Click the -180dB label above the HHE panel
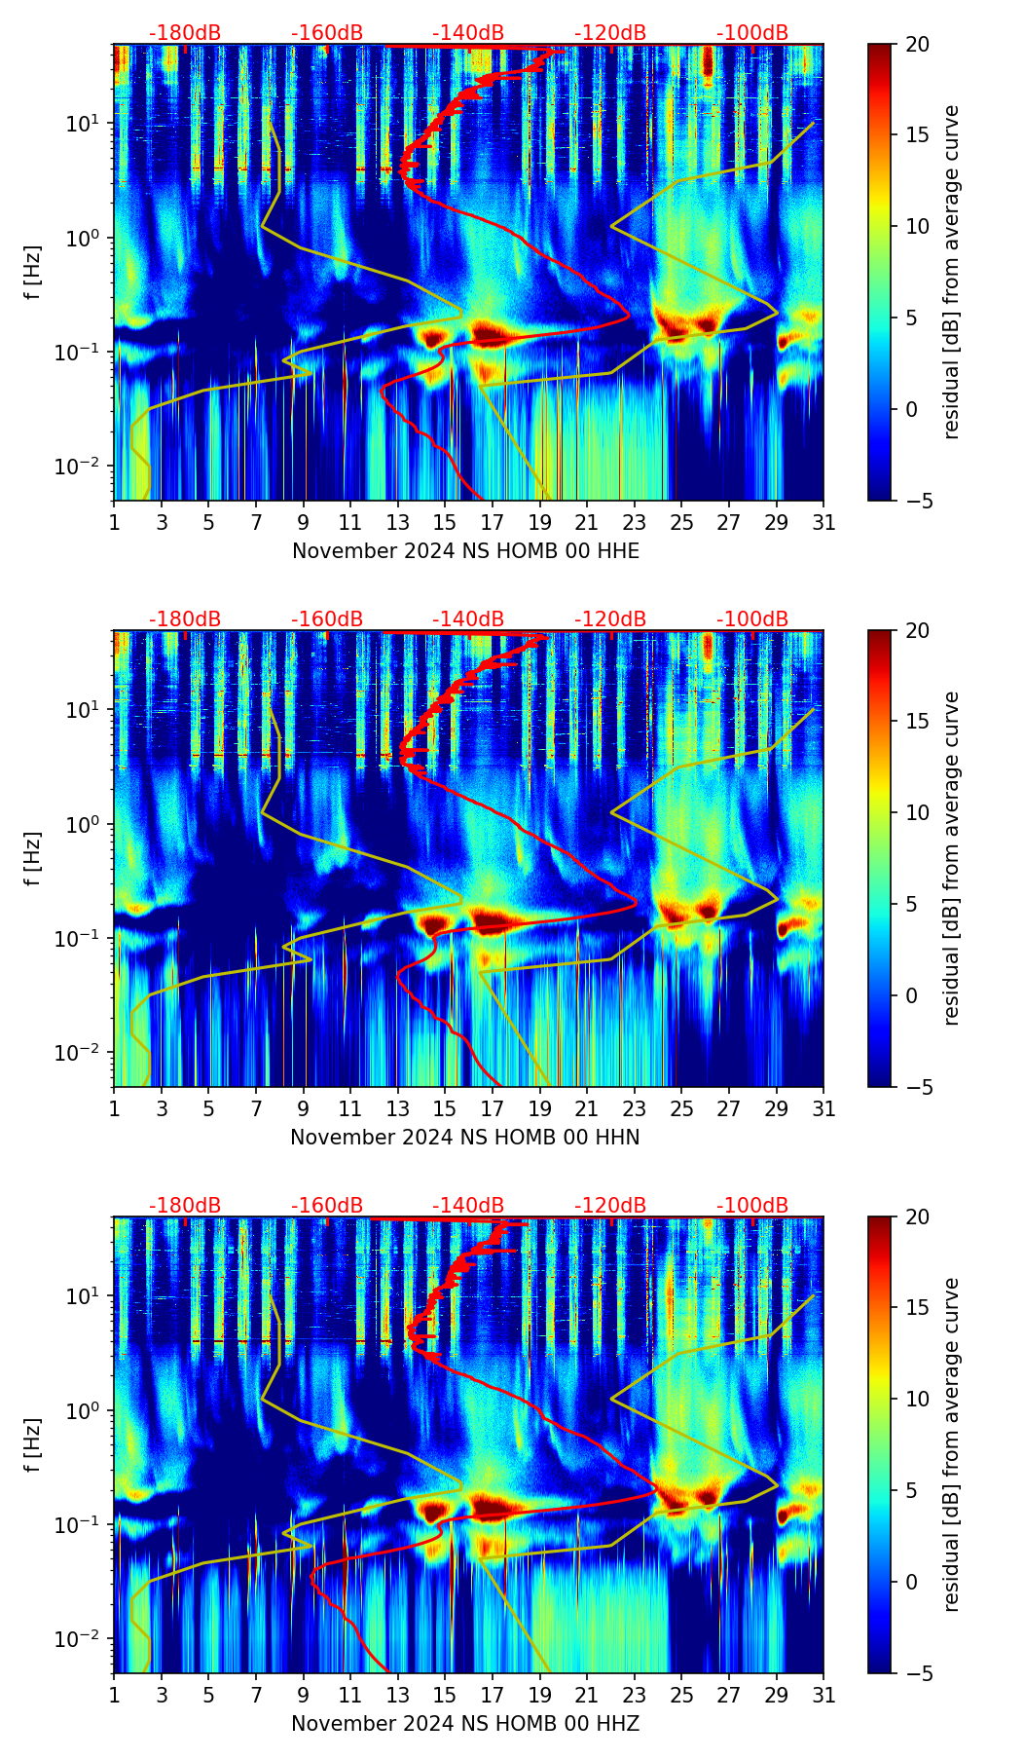185,33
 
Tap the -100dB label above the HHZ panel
752,1206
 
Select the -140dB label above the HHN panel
468,619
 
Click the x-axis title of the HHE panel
465,551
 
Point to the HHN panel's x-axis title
465,1138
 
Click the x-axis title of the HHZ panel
465,1724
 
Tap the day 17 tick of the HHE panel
492,522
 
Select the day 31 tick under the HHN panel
823,1108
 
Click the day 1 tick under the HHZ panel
115,1695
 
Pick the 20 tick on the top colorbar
917,45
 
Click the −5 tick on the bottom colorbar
917,1673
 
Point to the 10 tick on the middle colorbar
917,812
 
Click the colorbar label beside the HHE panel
952,272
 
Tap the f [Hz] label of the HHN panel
33,858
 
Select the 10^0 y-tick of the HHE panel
83,238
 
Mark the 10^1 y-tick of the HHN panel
83,710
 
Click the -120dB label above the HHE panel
610,33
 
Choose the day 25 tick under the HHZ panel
681,1695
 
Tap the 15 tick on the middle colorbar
917,722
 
